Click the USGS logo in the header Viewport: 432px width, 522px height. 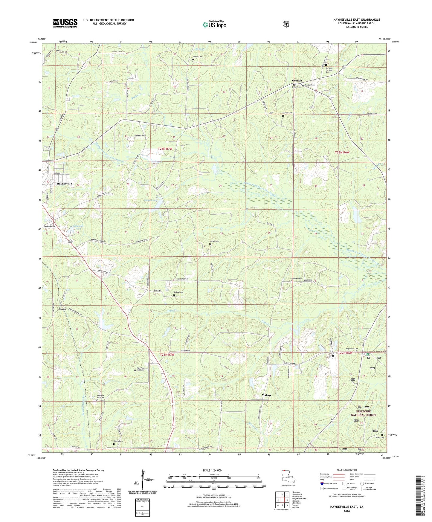(65, 23)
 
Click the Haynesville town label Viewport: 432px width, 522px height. (64, 184)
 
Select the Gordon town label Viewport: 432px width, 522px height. (297, 80)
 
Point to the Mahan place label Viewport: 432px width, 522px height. (266, 395)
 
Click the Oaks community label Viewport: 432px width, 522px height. (62, 309)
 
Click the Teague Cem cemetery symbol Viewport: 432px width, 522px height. (193, 59)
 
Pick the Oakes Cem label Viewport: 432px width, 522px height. (178, 292)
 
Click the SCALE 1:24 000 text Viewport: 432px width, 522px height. (212, 470)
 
